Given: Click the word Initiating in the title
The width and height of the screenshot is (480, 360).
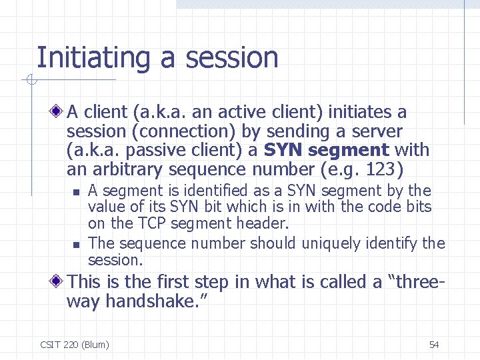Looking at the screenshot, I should pos(94,59).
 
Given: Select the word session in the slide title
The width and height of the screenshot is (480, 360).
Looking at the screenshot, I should pos(231,59).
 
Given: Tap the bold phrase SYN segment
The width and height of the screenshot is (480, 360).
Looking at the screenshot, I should pos(326,150).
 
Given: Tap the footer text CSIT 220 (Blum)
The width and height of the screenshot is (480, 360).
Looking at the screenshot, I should pos(74,345).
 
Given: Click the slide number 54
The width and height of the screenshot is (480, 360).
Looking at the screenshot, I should pos(434,345).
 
